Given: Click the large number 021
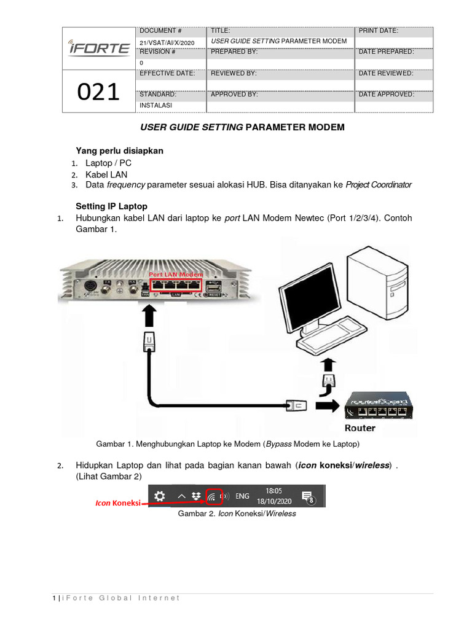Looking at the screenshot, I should [x=98, y=92].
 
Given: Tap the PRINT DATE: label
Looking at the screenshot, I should [x=378, y=30].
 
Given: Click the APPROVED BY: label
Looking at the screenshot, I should [x=234, y=95].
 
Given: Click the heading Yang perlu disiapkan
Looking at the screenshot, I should [x=119, y=150].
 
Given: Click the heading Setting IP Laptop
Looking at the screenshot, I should [x=111, y=206].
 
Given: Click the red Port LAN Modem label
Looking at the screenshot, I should [x=175, y=274].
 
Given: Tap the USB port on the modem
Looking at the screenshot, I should [x=214, y=287].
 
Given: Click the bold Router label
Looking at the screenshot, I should [x=360, y=428].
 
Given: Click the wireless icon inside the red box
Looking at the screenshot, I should [x=213, y=497].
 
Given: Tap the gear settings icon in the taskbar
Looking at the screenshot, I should [x=159, y=496].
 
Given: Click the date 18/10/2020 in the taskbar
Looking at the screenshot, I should [x=274, y=501].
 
